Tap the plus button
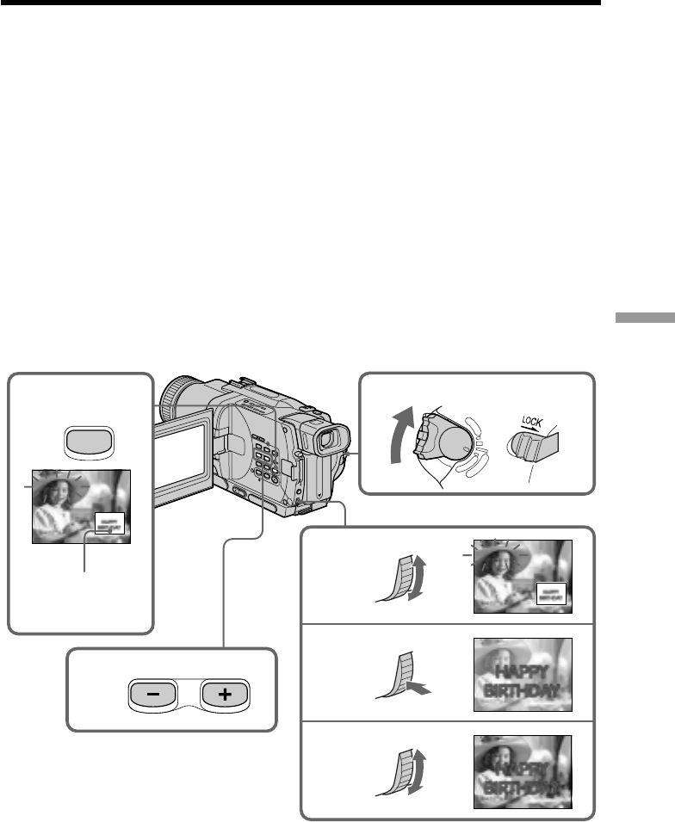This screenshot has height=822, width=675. coord(225,693)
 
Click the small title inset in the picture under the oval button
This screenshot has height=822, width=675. coord(108,521)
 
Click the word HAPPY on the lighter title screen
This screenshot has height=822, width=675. coord(523,669)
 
